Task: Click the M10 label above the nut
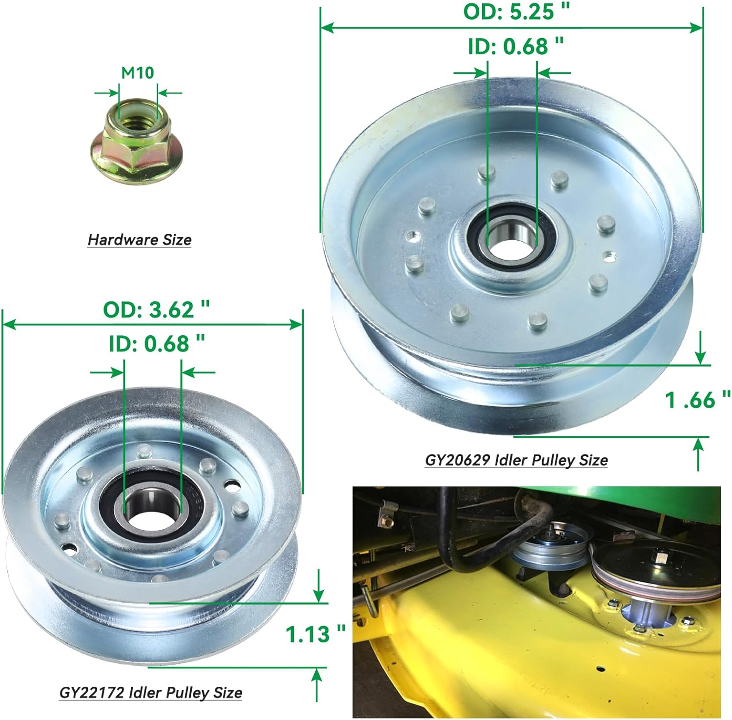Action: (x=138, y=73)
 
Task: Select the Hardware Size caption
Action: (x=140, y=240)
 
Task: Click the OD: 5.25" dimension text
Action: (x=517, y=12)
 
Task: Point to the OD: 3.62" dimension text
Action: (x=156, y=310)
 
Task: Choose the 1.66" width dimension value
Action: (x=698, y=400)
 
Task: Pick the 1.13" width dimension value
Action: (x=315, y=635)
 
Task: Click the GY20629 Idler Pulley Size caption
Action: (x=516, y=460)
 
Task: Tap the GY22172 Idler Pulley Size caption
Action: (x=151, y=693)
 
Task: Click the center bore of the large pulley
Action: (x=511, y=242)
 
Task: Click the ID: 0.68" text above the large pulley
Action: (x=516, y=47)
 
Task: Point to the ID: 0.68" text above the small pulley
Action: (x=157, y=344)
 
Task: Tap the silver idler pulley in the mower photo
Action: (x=550, y=550)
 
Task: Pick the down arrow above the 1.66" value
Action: (x=701, y=349)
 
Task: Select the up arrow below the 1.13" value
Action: (x=317, y=683)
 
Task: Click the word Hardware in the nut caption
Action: (x=116, y=240)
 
